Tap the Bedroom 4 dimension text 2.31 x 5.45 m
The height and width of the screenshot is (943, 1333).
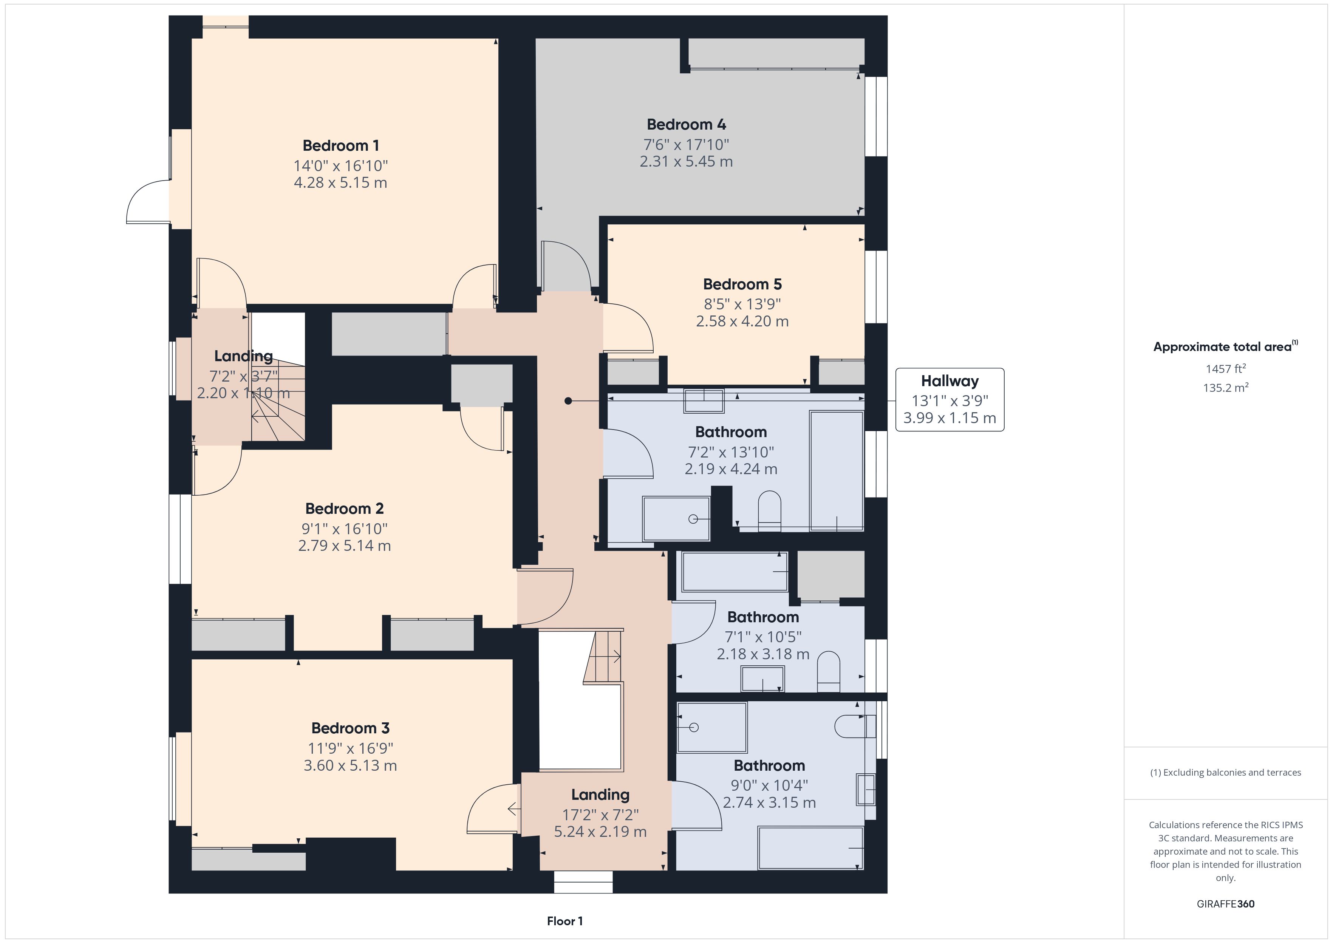[686, 161]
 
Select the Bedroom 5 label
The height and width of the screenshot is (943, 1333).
[742, 284]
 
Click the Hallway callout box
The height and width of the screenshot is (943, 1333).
[950, 399]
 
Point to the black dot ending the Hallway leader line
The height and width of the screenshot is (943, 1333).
[568, 400]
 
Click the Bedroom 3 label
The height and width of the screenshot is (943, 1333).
[350, 728]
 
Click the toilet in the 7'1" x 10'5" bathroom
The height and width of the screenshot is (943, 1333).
[829, 672]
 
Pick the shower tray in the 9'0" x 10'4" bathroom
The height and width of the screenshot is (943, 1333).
[712, 728]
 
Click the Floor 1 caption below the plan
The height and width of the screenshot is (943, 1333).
[564, 921]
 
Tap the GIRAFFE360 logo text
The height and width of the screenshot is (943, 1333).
[1226, 903]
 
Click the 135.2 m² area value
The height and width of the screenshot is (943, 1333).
[1226, 387]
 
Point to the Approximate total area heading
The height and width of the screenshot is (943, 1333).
[1225, 347]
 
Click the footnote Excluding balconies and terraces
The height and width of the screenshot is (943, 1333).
[1226, 772]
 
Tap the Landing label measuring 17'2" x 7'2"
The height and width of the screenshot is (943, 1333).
[600, 795]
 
